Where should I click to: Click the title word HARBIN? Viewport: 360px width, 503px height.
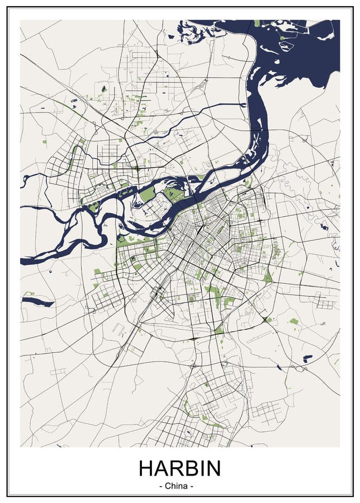[x=179, y=468]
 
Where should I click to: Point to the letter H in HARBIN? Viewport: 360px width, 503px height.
[x=146, y=468]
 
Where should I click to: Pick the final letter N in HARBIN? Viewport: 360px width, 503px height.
[x=212, y=468]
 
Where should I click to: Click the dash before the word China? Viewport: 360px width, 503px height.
[x=162, y=486]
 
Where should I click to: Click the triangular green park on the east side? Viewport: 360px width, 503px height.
[x=268, y=276]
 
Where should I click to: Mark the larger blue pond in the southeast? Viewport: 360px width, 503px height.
[x=307, y=358]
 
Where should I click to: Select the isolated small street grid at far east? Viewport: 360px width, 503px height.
[x=325, y=301]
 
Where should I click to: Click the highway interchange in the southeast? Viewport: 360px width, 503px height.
[x=264, y=320]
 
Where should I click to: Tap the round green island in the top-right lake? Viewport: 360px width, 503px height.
[x=282, y=37]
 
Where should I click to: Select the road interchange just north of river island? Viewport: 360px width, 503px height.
[x=136, y=167]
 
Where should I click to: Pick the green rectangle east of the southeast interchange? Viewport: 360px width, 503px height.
[x=293, y=321]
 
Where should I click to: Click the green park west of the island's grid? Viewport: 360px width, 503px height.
[x=147, y=194]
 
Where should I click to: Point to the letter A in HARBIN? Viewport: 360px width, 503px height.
[x=162, y=468]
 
